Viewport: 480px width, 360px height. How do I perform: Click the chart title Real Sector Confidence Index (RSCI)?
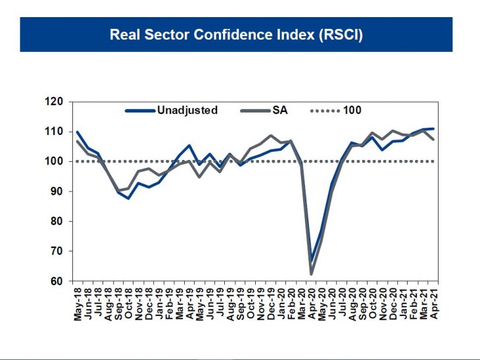coord(236,34)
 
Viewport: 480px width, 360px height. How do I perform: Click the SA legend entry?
coord(280,111)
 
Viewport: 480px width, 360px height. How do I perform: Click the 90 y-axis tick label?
coord(57,192)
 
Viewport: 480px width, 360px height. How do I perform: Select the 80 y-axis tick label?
coord(57,222)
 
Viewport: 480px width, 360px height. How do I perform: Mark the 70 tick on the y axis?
coord(57,251)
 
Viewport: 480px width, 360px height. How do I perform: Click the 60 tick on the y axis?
coord(57,282)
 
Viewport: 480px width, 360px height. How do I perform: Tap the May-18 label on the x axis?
coord(78,302)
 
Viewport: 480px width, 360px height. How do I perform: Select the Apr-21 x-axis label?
coord(433,302)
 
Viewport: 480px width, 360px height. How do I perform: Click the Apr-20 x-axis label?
coord(312,302)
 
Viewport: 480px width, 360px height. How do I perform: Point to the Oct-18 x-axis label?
coord(128,302)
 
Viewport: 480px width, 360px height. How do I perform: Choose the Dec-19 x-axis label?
coord(271,302)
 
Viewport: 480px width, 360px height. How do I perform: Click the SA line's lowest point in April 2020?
coord(312,274)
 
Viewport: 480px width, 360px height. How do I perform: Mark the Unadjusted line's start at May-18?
coord(78,132)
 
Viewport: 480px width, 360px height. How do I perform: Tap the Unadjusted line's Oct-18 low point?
coord(129,198)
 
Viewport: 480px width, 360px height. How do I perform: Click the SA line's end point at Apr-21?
coord(433,140)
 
